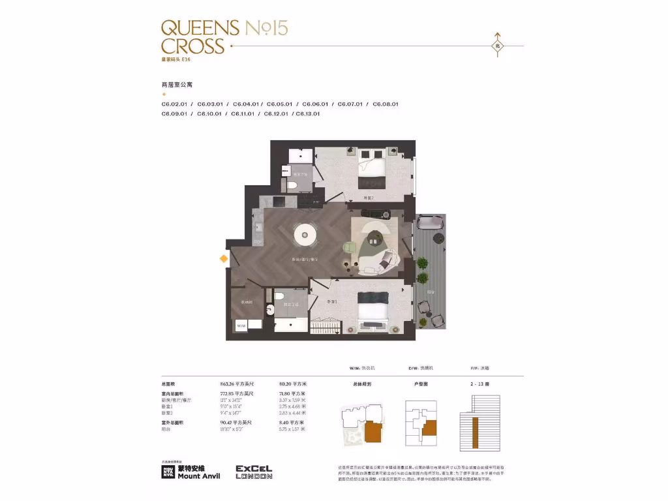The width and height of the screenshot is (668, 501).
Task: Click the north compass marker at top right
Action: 497,46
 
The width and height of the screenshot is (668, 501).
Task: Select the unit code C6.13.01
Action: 308,114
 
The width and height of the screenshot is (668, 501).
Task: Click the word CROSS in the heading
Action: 192,46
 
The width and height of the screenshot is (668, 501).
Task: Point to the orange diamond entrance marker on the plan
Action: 223,259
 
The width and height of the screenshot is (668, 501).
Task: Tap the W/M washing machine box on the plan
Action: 241,325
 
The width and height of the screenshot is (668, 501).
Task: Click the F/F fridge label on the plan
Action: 316,202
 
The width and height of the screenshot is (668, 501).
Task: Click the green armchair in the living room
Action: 348,247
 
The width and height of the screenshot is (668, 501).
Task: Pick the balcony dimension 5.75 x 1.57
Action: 292,429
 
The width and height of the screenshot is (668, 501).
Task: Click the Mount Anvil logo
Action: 190,472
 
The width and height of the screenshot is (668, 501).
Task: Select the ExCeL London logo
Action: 254,472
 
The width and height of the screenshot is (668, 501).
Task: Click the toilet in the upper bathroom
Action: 293,186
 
